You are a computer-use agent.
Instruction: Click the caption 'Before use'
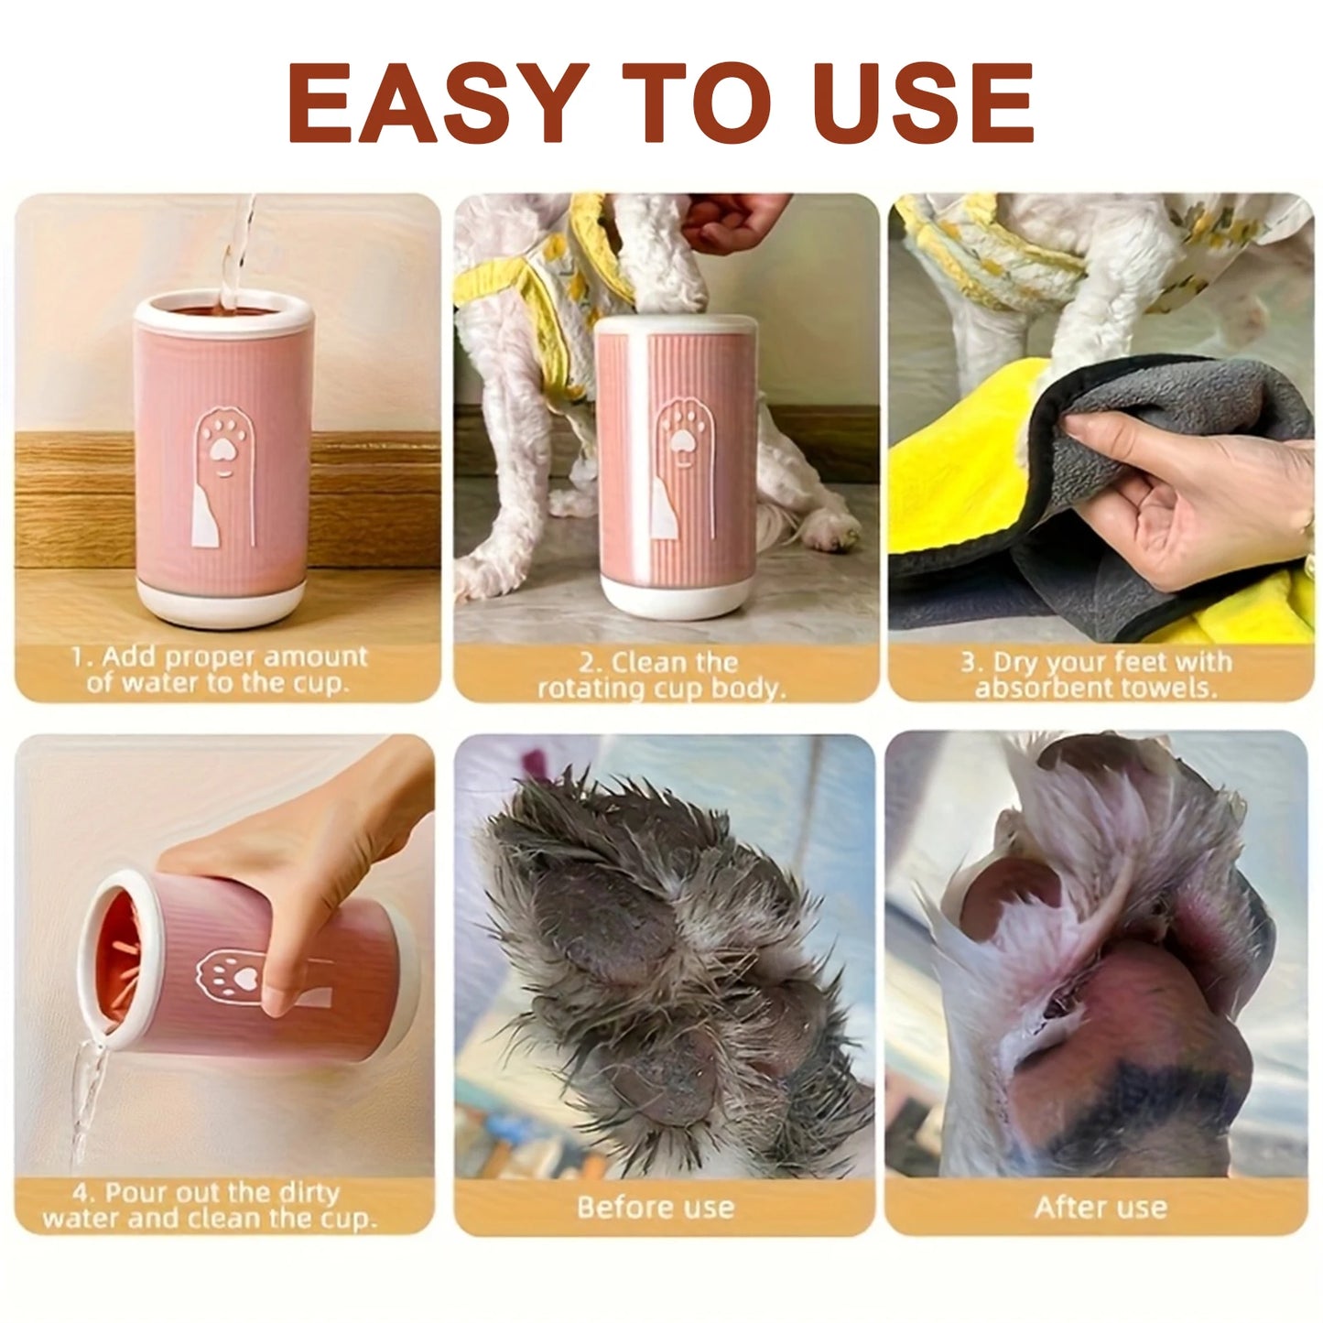656,1207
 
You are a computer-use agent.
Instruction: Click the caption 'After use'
1101,1207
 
